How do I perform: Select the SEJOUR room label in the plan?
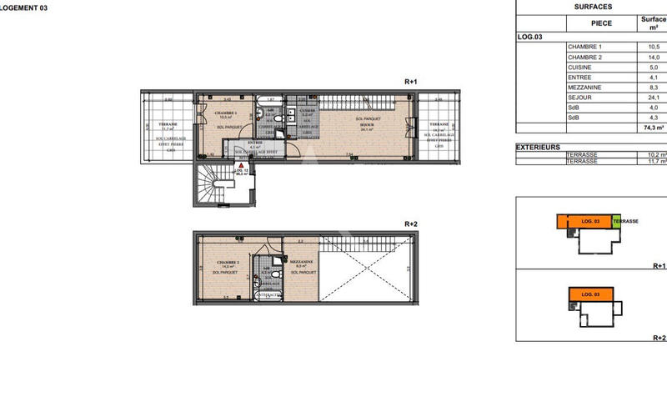tap(365, 124)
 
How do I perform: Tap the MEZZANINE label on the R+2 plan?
tap(301, 262)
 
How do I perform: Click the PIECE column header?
tap(602, 23)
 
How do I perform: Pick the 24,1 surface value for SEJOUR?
tap(654, 98)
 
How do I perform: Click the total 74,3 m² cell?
tap(654, 128)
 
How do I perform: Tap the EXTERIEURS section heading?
tap(538, 146)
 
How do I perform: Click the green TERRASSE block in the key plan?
tap(617, 221)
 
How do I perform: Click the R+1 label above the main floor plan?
tap(410, 82)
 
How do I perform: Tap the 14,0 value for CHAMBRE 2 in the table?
tap(654, 57)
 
